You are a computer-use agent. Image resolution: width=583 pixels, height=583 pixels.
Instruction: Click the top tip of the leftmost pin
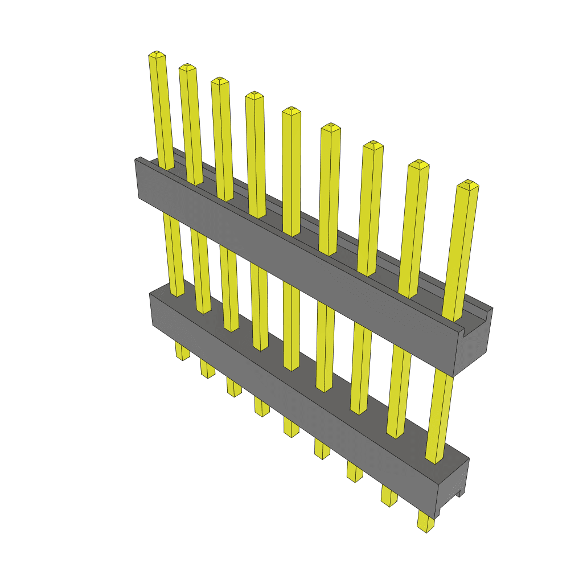point(157,55)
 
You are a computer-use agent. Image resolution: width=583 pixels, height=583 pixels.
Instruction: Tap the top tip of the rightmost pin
point(469,185)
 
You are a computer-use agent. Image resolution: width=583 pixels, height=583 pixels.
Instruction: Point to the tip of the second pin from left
point(187,68)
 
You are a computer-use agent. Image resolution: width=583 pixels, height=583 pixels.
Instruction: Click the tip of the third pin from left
point(220,81)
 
